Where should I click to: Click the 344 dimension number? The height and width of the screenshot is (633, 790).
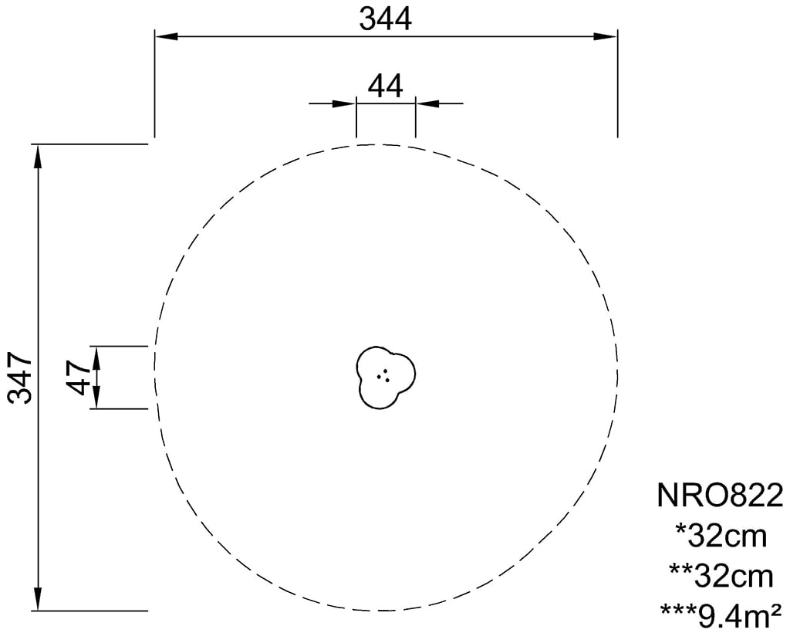point(385,19)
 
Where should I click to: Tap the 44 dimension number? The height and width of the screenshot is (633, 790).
point(386,86)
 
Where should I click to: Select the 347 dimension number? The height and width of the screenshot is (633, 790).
point(20,378)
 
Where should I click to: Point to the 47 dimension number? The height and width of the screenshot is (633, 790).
point(79,377)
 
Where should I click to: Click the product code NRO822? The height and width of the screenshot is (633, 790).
point(721,495)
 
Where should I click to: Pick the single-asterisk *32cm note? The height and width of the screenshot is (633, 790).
point(721,536)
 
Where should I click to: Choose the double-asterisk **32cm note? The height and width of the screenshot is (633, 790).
point(721,576)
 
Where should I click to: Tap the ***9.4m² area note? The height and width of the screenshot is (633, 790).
point(721,615)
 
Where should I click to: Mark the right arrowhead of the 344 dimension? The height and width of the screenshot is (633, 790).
point(606,36)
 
